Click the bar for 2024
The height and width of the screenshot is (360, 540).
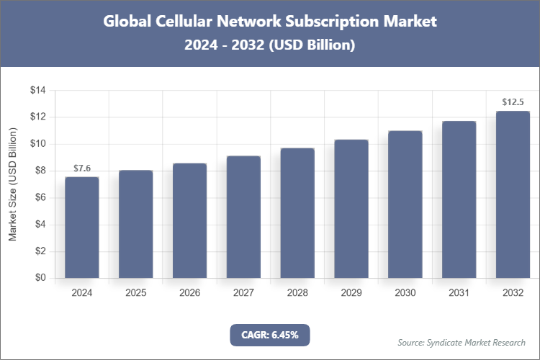click(x=82, y=228)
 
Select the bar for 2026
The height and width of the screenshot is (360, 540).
click(x=189, y=220)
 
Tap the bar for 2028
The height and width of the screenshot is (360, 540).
click(x=297, y=213)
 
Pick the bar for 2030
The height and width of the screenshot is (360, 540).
click(x=405, y=204)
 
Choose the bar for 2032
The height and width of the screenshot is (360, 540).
click(x=513, y=194)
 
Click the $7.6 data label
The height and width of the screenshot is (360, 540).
click(x=82, y=168)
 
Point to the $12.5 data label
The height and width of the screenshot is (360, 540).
click(x=513, y=102)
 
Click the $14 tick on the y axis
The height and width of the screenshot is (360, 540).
click(x=37, y=91)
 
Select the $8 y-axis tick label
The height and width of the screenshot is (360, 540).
click(x=40, y=171)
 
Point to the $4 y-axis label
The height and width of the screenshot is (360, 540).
click(x=40, y=225)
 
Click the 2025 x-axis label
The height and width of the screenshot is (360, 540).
click(x=136, y=293)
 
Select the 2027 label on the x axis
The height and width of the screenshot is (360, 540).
click(x=243, y=293)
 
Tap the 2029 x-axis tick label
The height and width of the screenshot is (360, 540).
click(x=351, y=293)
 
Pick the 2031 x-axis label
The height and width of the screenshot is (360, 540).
click(x=459, y=293)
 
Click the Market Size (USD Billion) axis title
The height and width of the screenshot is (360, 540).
click(x=12, y=184)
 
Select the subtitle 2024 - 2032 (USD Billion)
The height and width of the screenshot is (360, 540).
click(x=270, y=45)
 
